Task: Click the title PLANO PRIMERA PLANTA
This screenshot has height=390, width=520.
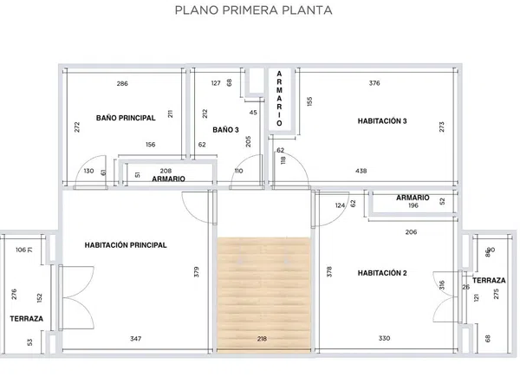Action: pyautogui.click(x=253, y=10)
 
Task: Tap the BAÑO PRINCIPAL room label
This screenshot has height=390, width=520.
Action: pyautogui.click(x=126, y=118)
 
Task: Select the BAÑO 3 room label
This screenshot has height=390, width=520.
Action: pyautogui.click(x=225, y=130)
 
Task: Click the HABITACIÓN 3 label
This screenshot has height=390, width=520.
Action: pyautogui.click(x=382, y=121)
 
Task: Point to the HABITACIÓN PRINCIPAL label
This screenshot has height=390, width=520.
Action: pyautogui.click(x=126, y=245)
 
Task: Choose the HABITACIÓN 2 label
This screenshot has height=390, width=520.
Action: pyautogui.click(x=382, y=273)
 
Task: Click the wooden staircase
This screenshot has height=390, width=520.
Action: pyautogui.click(x=264, y=293)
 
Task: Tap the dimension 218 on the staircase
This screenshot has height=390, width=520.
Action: pyautogui.click(x=262, y=339)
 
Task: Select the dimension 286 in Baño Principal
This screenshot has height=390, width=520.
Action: pyautogui.click(x=122, y=83)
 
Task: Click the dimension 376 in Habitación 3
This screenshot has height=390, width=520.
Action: pyautogui.click(x=374, y=83)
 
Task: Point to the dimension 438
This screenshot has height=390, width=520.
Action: pyautogui.click(x=361, y=171)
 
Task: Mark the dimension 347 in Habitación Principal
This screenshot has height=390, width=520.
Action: pyautogui.click(x=136, y=339)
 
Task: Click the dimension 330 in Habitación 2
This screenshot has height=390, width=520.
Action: pyautogui.click(x=384, y=338)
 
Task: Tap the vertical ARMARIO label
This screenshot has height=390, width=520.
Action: pyautogui.click(x=279, y=99)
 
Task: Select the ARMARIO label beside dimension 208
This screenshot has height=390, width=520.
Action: pyautogui.click(x=168, y=179)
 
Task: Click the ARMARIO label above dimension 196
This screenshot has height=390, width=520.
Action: pyautogui.click(x=413, y=198)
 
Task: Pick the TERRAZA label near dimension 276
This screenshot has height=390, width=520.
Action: pyautogui.click(x=27, y=319)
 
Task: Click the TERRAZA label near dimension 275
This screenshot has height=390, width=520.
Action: pyautogui.click(x=489, y=281)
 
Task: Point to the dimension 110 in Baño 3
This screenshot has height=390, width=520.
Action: pyautogui.click(x=239, y=171)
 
